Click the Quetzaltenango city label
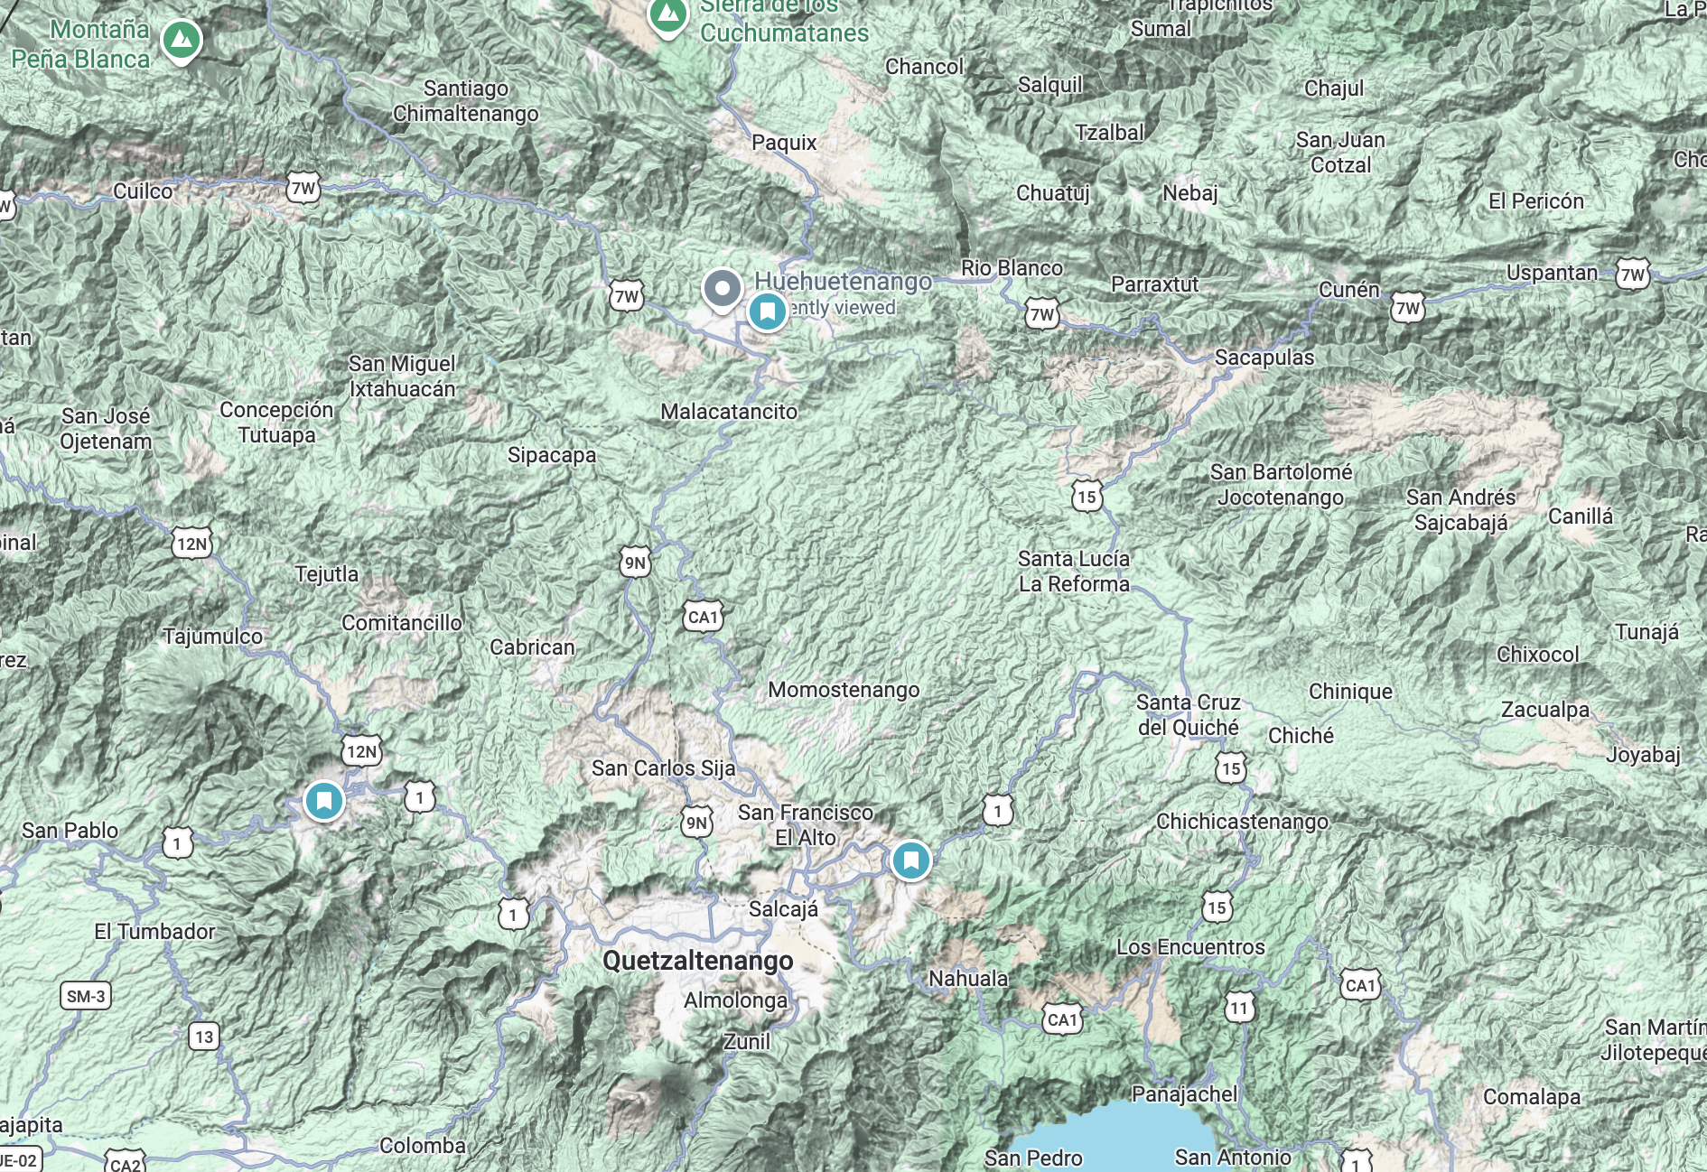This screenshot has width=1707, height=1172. click(697, 961)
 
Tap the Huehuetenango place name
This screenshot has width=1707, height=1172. click(843, 282)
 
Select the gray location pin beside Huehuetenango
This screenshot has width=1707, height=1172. click(722, 290)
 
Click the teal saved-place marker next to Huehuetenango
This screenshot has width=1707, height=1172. click(768, 312)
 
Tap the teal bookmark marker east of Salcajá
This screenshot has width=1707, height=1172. click(910, 860)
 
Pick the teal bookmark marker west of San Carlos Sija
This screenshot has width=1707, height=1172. click(323, 800)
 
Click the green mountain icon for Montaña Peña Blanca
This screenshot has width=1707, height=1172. click(182, 40)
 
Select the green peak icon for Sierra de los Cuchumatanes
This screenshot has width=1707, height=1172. click(668, 15)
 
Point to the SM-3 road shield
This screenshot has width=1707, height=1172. click(86, 997)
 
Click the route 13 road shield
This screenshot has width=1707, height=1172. click(204, 1037)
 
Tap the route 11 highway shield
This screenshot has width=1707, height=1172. click(1239, 1008)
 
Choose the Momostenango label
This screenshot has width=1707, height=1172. click(844, 690)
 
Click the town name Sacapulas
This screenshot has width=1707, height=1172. click(1264, 358)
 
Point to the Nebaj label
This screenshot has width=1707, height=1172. click(1189, 193)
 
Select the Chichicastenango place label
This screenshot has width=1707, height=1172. click(1242, 822)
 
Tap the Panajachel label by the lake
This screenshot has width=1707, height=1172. click(1184, 1094)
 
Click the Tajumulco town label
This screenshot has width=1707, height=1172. click(213, 637)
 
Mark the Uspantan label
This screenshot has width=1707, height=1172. click(1552, 273)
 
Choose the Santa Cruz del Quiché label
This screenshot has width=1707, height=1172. click(1188, 715)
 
